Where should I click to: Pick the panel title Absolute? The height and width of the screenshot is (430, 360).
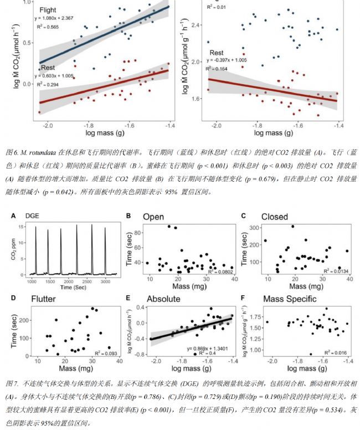(x=163, y=299)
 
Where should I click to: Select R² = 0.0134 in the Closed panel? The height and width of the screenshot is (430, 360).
(x=337, y=272)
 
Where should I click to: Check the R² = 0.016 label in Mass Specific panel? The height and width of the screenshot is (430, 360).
(x=337, y=352)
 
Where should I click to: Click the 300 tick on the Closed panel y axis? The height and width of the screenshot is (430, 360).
(x=255, y=228)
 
